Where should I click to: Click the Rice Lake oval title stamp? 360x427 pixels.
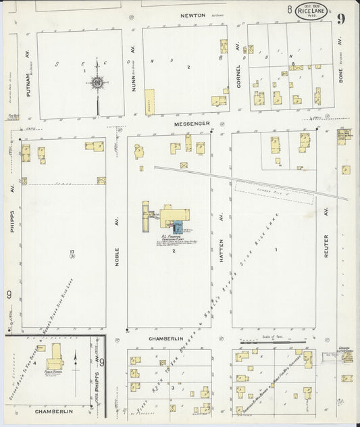(309, 12)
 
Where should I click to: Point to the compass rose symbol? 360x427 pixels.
(97, 84)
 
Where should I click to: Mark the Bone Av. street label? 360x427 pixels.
(340, 68)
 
